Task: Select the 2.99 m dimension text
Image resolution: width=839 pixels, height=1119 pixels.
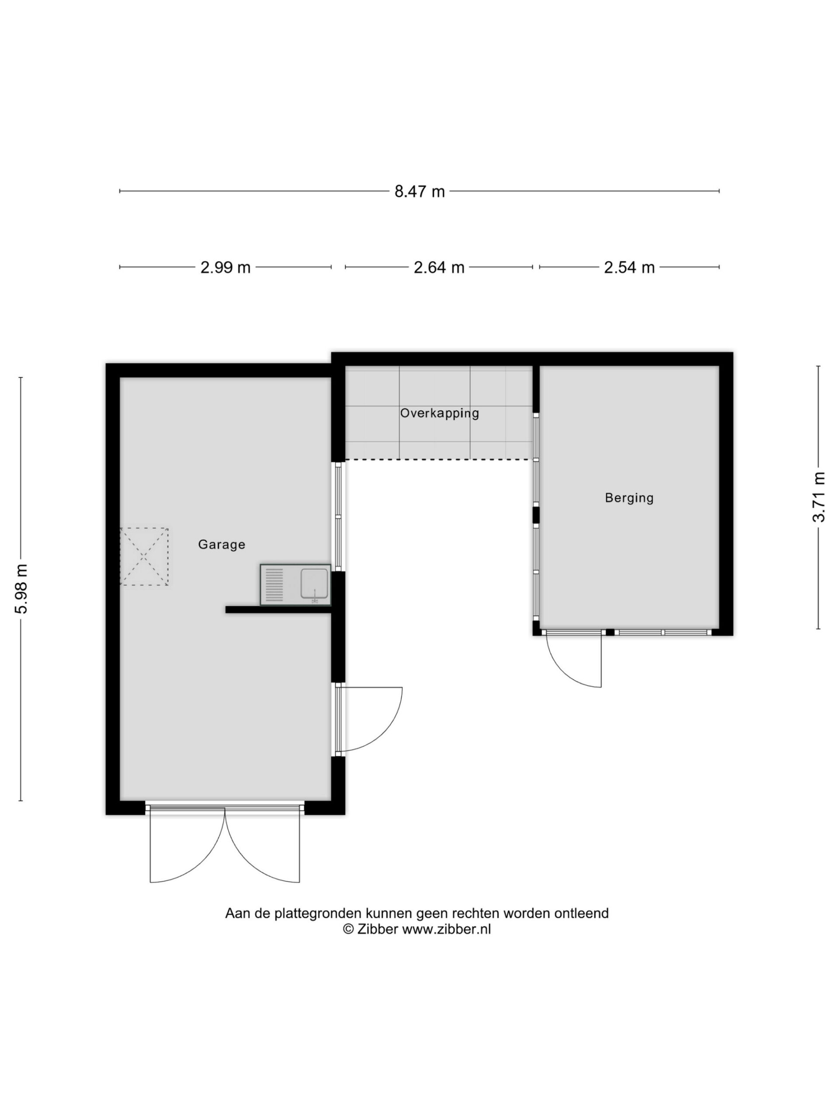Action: click(x=225, y=267)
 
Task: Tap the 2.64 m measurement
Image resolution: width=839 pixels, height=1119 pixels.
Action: click(x=439, y=267)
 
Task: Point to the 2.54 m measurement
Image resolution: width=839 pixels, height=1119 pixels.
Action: click(x=629, y=267)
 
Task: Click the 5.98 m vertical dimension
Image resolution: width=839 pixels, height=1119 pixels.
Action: click(x=21, y=588)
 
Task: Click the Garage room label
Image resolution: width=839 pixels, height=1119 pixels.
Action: click(x=222, y=544)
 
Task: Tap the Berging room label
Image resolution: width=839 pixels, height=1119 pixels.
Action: click(x=629, y=498)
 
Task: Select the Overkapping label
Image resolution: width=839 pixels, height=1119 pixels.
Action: click(x=440, y=414)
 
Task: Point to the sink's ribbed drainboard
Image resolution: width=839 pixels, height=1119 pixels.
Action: click(x=274, y=585)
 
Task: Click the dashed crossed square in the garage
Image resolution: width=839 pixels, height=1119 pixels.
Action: click(x=144, y=556)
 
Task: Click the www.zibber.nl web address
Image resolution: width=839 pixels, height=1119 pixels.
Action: click(x=446, y=929)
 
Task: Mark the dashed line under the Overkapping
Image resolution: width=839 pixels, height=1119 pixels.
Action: click(x=439, y=459)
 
